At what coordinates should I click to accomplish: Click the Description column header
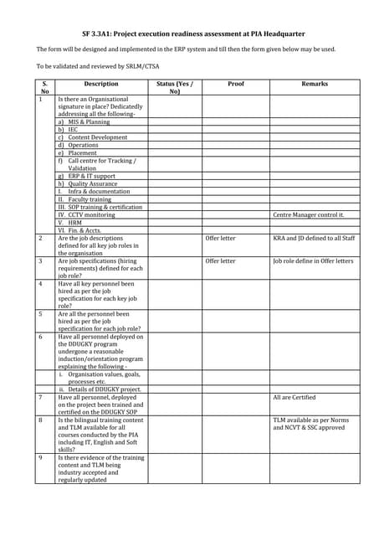point(101,84)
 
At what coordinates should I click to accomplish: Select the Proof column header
point(235,84)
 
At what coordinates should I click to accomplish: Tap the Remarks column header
point(315,84)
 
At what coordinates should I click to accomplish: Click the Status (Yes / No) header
point(175,87)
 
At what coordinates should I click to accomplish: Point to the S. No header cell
point(45,87)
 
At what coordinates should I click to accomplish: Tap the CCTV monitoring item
point(92,215)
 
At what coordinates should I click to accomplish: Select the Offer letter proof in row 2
point(221,239)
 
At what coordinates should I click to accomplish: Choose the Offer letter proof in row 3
point(221,261)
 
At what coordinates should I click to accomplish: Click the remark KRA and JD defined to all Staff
point(314,239)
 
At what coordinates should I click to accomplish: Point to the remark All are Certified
point(294,397)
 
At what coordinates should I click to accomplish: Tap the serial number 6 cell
point(40,338)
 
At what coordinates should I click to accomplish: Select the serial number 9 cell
point(40,458)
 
